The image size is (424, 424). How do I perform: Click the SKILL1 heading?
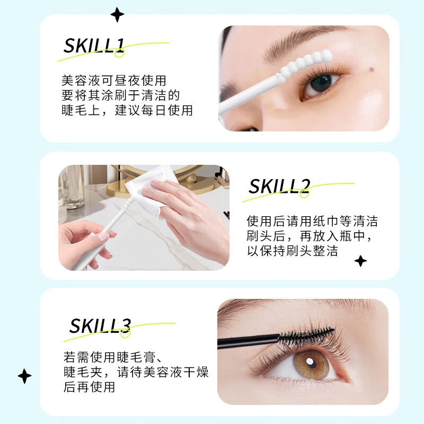coord(94,46)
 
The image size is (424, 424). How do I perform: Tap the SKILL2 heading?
coord(279,187)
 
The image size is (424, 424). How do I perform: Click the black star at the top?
coord(117,14)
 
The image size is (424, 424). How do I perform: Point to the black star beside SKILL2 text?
coord(360,261)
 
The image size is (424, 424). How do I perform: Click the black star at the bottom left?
coord(24,376)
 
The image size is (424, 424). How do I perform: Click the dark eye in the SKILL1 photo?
coord(320,83)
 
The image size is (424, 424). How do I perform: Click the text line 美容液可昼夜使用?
coord(114,81)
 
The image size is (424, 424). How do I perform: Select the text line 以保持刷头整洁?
coord(292,251)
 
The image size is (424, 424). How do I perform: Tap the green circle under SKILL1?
coord(119,52)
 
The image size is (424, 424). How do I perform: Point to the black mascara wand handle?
coord(244,340)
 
